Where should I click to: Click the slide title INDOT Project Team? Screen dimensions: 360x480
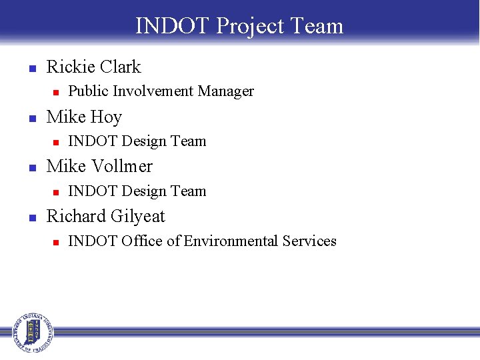pos(239,26)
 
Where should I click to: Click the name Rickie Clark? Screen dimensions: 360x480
pos(93,67)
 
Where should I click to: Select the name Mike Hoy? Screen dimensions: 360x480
pos(84,117)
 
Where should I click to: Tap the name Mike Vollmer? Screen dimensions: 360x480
pos(99,167)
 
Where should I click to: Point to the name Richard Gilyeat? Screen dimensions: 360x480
pos(105,217)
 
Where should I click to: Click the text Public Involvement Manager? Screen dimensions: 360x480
pos(161,91)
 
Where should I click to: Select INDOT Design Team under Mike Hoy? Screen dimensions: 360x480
pos(137,141)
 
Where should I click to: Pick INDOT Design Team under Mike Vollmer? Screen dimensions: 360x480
pos(137,191)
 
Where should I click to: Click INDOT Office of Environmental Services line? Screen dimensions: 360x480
pos(202,241)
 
